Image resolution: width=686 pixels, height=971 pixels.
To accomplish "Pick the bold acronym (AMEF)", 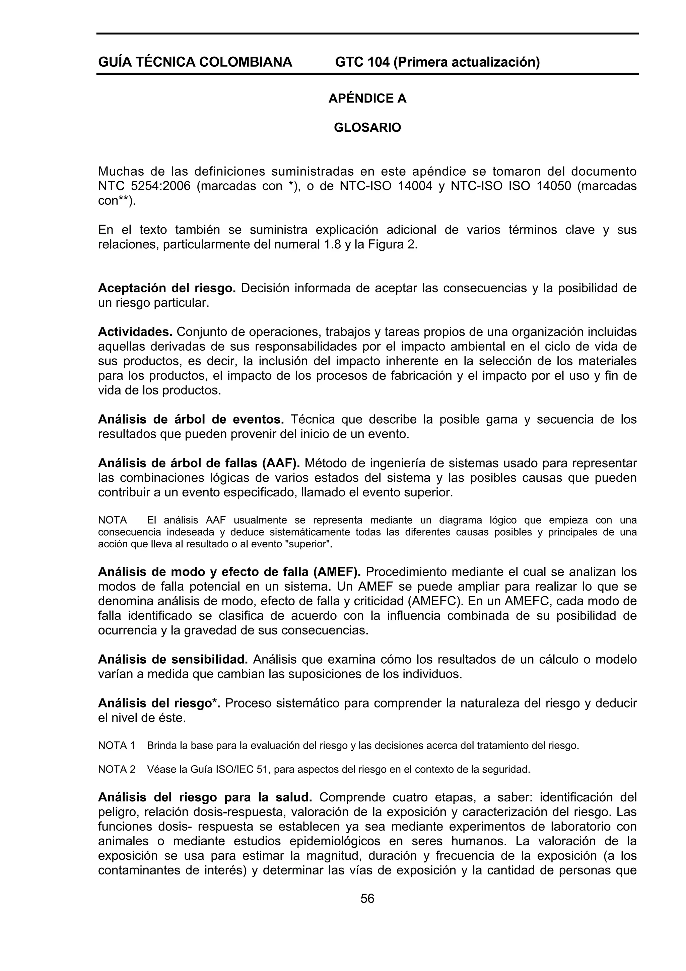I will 336,572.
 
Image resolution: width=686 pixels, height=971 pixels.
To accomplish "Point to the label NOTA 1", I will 117,745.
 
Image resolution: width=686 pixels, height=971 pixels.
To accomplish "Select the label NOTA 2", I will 117,769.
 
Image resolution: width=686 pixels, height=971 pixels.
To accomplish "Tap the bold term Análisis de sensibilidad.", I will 173,659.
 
